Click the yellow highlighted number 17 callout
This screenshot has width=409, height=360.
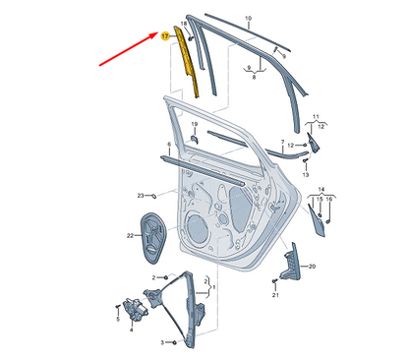pos(165,34)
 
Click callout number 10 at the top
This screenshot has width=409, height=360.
pos(248,20)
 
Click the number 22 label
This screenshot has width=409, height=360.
pos(130,235)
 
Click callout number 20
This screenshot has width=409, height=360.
pos(313,267)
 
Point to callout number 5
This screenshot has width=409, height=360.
pos(116,320)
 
